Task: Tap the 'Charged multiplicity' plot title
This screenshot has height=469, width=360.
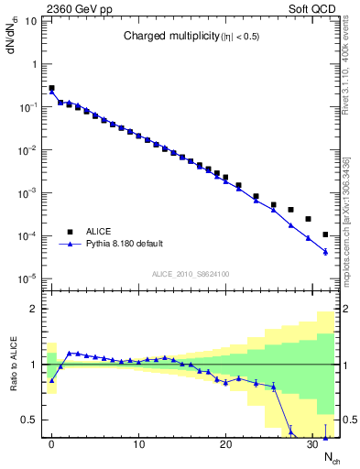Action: click(x=186, y=37)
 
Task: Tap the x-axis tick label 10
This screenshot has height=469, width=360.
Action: click(x=138, y=446)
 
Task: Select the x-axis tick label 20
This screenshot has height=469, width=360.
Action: click(x=225, y=446)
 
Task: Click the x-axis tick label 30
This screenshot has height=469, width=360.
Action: click(x=312, y=446)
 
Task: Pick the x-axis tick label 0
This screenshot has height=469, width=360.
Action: click(x=51, y=446)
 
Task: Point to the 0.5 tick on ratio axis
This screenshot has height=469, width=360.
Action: click(x=32, y=420)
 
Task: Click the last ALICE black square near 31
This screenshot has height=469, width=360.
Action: click(x=326, y=234)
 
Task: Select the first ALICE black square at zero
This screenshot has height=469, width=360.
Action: click(x=51, y=88)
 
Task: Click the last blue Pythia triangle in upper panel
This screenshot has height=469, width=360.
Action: click(x=326, y=252)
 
